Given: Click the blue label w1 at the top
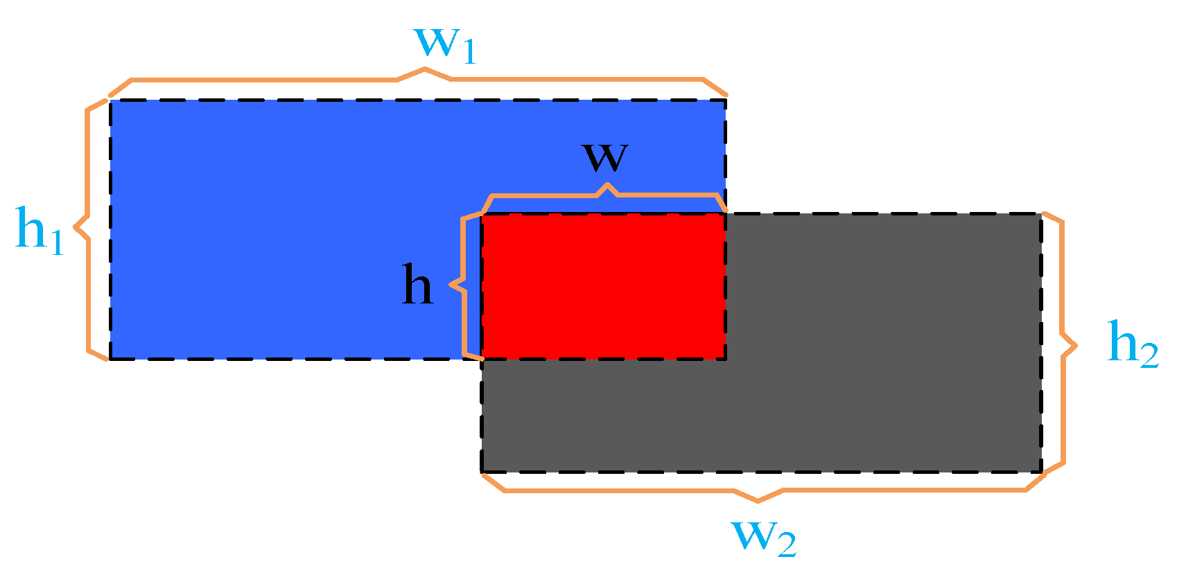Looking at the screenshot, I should coord(444,44).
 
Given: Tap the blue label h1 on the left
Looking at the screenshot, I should coord(40,229).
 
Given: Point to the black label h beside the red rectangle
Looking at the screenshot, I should coord(417,285).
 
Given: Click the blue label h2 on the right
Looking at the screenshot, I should coord(1132,343).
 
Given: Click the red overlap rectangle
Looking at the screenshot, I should coord(604,286).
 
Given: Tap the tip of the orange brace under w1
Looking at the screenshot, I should coord(424,69).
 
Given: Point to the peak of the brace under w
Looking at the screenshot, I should coord(608,185).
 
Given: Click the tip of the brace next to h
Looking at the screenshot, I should coord(451,284).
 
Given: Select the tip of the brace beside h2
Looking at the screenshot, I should coord(1076,345).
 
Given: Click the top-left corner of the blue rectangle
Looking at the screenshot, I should coord(110,100).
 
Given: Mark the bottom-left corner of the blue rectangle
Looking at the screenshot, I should coord(110,359).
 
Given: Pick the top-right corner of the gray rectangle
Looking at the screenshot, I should coord(1041,214).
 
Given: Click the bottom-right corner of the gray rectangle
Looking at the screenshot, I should coord(1041,472).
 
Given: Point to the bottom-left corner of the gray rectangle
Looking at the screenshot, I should coord(482,472).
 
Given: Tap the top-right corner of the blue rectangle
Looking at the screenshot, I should coord(726,100).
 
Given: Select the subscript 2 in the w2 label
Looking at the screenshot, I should coord(786,545).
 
